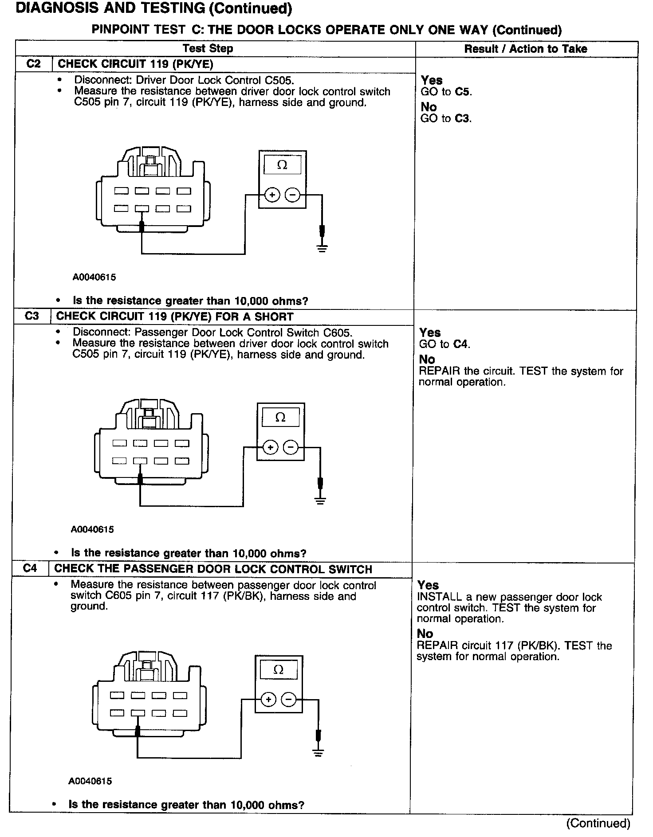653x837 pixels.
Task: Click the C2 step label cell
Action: (x=33, y=64)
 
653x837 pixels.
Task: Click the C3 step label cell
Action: (x=32, y=316)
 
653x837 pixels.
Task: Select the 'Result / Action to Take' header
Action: (x=525, y=49)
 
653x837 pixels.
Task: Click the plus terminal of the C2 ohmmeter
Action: (x=272, y=195)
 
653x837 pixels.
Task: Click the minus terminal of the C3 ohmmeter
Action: (x=291, y=447)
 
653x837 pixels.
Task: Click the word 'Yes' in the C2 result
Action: (x=432, y=80)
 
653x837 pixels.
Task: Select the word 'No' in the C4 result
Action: (x=425, y=634)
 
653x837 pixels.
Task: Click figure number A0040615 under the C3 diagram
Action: (x=93, y=529)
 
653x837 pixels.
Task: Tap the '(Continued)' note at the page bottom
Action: (x=598, y=823)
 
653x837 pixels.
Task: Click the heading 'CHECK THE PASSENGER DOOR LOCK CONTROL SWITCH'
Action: (x=213, y=569)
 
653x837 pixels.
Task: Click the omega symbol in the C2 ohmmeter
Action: (x=282, y=165)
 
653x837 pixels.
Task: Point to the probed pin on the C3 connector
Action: (x=140, y=461)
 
